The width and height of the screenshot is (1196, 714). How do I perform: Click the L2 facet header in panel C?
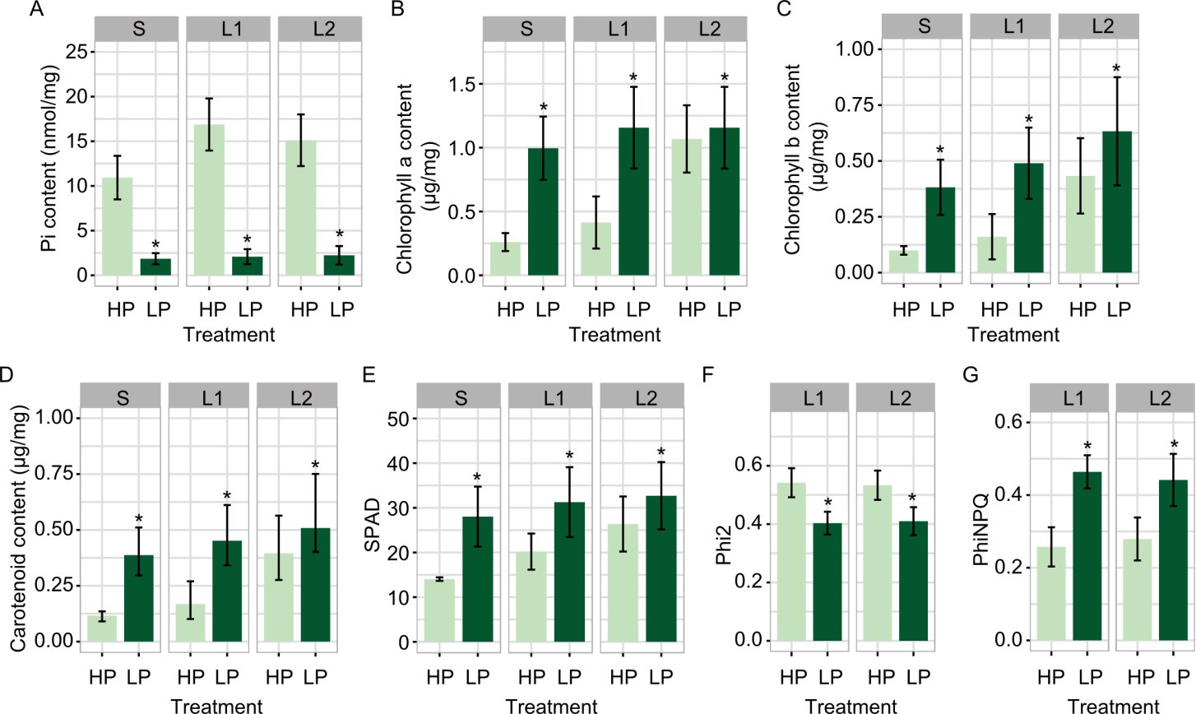[x=1102, y=25]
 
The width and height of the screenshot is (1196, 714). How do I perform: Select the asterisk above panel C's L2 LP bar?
[x=1116, y=69]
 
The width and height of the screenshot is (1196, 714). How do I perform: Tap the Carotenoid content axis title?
[x=18, y=529]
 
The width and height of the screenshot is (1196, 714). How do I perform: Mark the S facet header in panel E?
[x=461, y=398]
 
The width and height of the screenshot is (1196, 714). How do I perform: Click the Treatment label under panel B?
[x=614, y=335]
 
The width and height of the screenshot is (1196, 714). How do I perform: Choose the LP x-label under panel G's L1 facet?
[x=1090, y=678]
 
